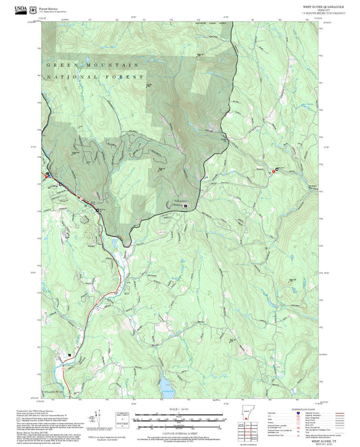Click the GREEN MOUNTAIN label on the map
point(93,65)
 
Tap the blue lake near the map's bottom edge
point(166,388)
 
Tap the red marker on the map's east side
point(274,172)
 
